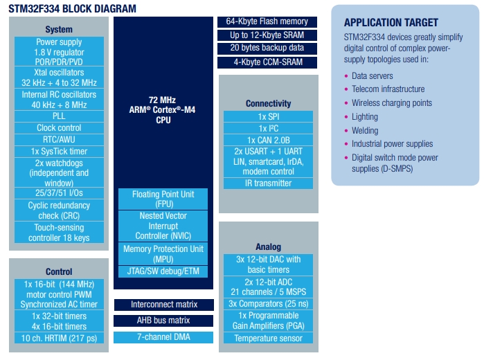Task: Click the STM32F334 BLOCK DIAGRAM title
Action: [x=72, y=8]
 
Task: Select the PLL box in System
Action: [x=59, y=116]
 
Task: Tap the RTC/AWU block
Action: [x=59, y=140]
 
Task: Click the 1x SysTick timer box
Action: [x=59, y=152]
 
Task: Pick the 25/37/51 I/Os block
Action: [x=59, y=193]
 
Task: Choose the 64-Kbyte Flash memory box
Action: [x=267, y=21]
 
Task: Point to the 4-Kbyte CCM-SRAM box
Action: [x=267, y=62]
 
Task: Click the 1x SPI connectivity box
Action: [x=268, y=116]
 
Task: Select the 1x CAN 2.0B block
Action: [x=268, y=140]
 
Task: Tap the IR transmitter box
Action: [x=268, y=183]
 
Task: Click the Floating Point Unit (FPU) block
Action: [x=163, y=199]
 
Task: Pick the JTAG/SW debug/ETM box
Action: [x=163, y=271]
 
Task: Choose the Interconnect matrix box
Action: [x=164, y=305]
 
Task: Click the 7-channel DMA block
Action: [x=163, y=337]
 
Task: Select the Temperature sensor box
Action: [x=268, y=338]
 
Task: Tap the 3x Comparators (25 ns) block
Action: [x=268, y=304]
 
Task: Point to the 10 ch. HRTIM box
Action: [x=59, y=338]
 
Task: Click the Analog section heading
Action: [x=268, y=246]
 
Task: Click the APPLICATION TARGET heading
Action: [x=391, y=23]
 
